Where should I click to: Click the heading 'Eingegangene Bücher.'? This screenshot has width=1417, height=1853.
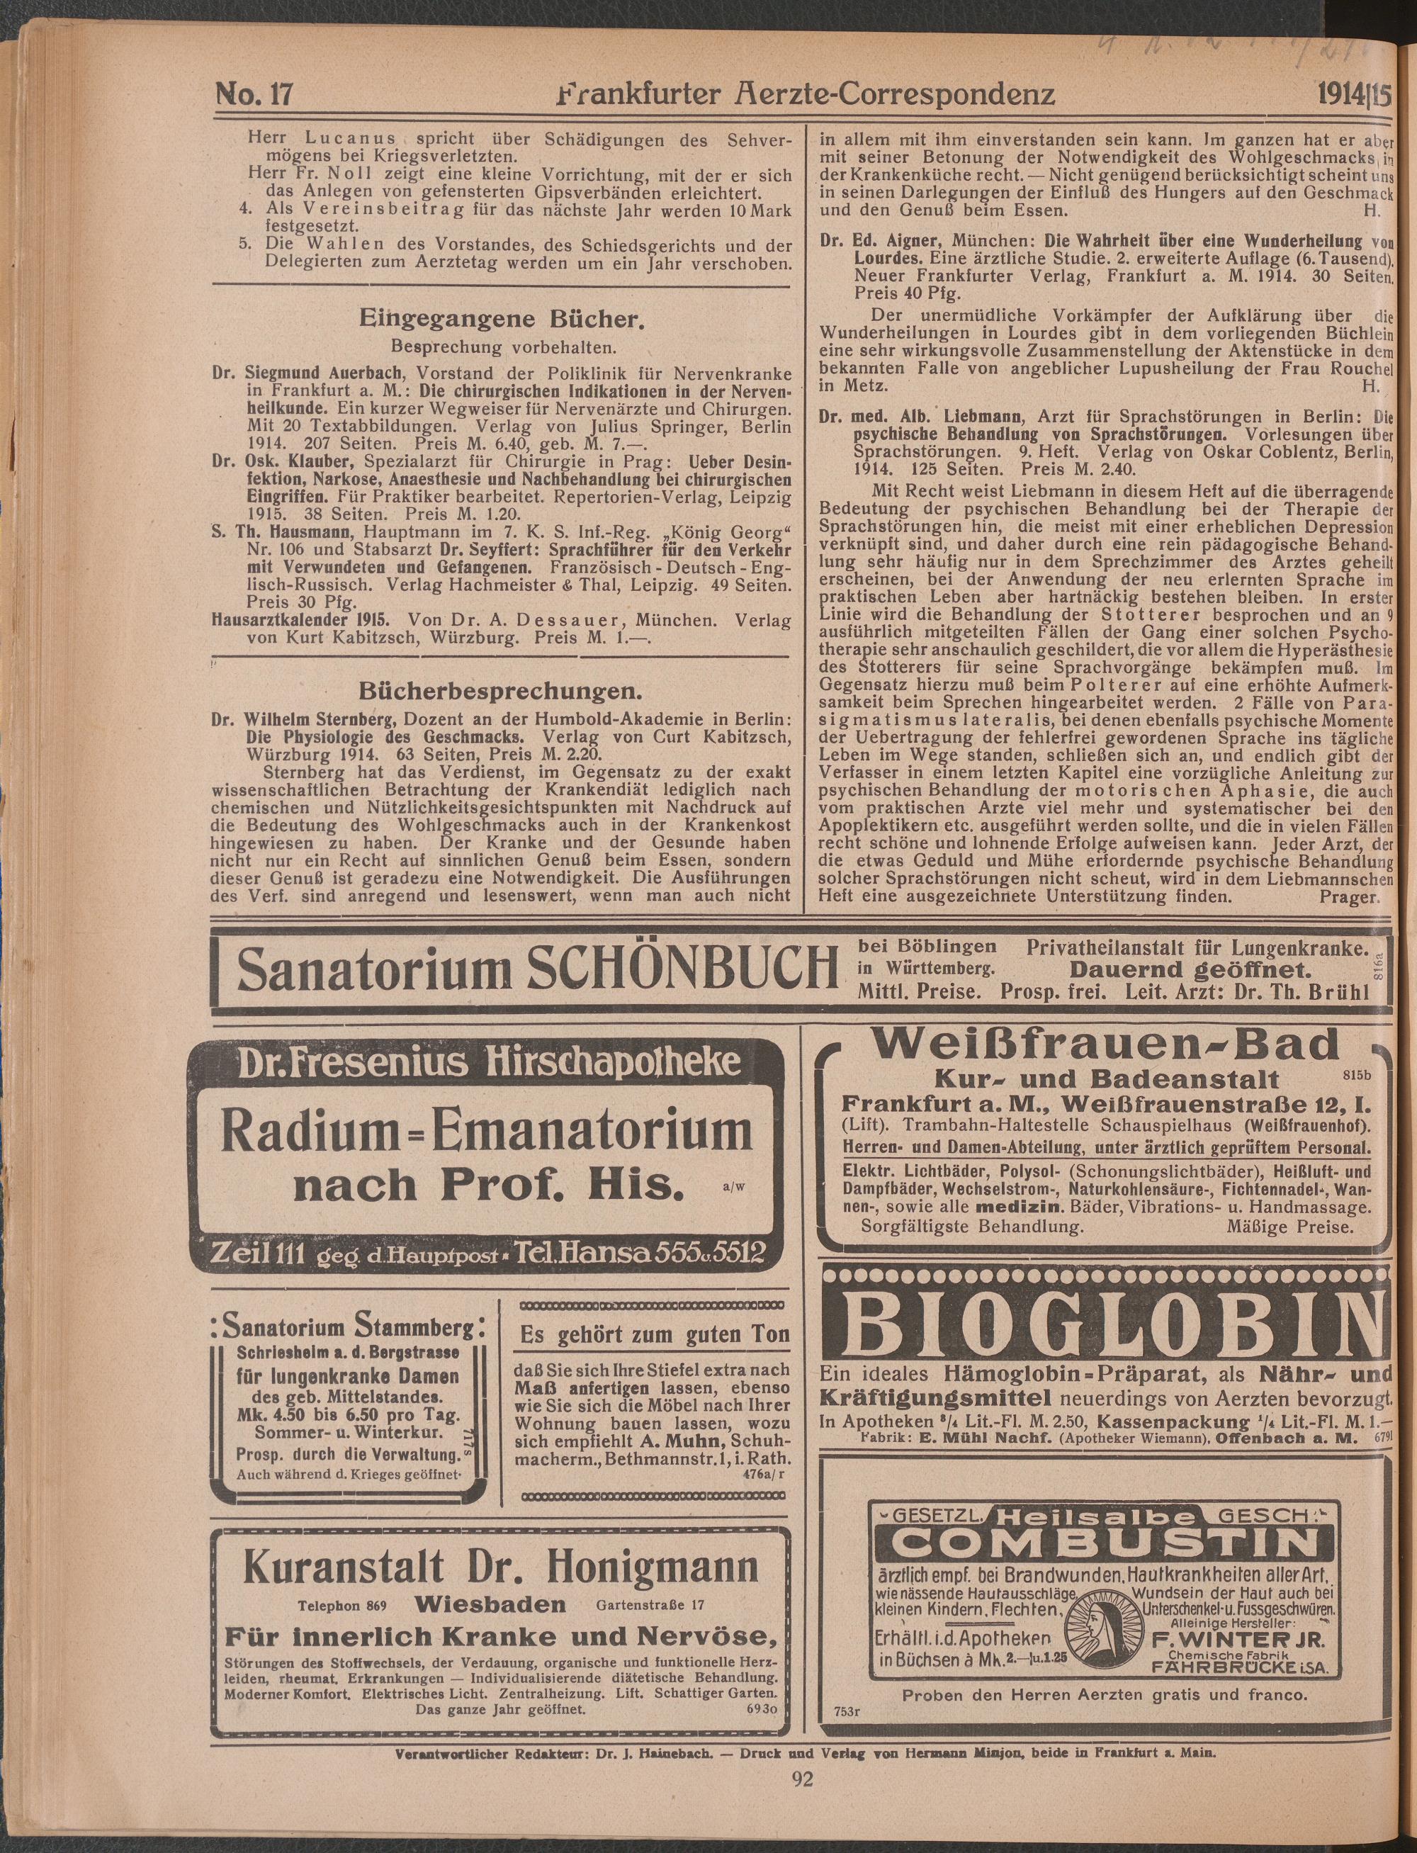(502, 320)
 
